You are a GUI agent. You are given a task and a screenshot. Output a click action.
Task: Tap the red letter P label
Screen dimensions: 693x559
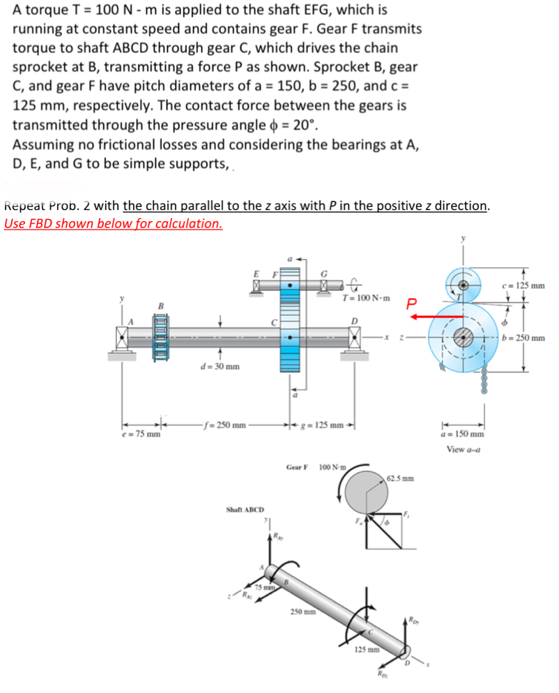pos(413,302)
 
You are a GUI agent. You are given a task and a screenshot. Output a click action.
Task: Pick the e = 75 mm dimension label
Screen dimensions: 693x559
pos(141,434)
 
